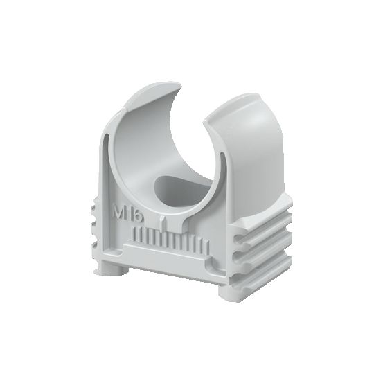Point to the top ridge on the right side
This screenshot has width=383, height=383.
[263, 220]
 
